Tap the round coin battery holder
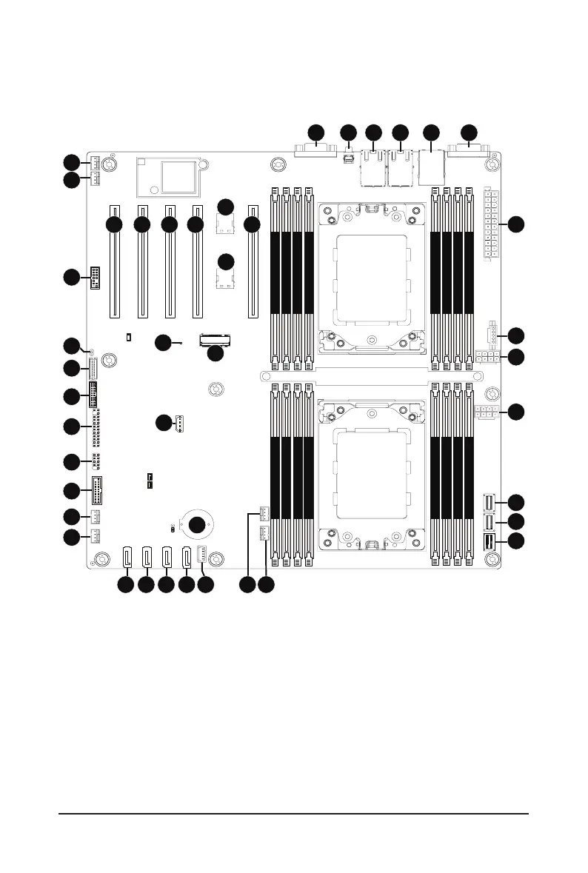tap(197, 525)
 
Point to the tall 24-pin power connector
tap(490, 224)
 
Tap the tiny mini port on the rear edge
tap(348, 158)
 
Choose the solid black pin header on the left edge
tap(94, 278)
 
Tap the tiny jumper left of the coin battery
tap(173, 529)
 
